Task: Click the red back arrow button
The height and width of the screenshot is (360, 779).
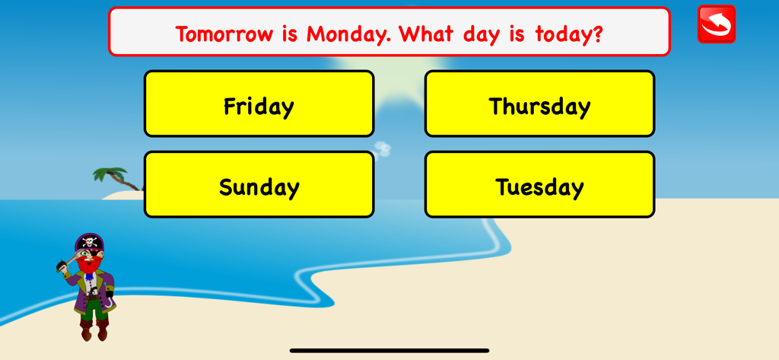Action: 716,24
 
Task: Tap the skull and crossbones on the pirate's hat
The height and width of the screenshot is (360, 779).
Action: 91,243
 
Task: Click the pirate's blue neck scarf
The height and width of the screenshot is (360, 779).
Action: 89,276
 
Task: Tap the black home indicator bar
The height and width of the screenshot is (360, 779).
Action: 389,351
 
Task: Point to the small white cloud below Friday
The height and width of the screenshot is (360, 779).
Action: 382,148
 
